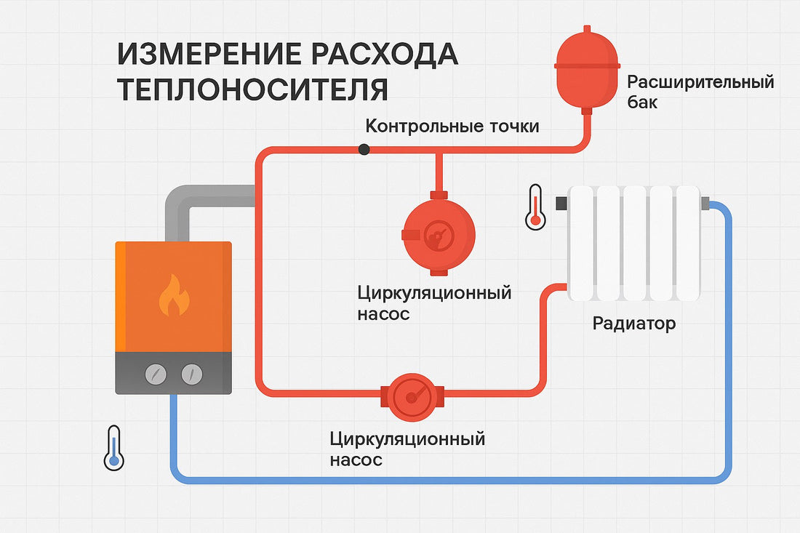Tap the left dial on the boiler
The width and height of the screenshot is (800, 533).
coord(156,374)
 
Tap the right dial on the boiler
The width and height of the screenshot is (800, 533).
coord(191,374)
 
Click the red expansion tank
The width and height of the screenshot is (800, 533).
coord(587,65)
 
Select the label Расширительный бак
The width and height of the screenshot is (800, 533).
coord(700,92)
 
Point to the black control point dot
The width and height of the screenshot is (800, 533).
coord(364,149)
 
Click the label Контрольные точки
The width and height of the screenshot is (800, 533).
coord(452,127)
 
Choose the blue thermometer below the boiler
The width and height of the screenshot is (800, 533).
coord(113,447)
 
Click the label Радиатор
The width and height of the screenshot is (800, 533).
coord(633,323)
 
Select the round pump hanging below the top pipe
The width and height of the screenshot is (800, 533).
coord(439,234)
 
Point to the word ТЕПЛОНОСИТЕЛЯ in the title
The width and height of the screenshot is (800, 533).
coord(252,89)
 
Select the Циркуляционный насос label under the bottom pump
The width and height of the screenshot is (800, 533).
coord(407,449)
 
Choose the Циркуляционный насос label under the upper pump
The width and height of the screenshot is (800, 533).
coord(434,303)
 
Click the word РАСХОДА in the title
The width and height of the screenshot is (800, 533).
coord(390,55)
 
